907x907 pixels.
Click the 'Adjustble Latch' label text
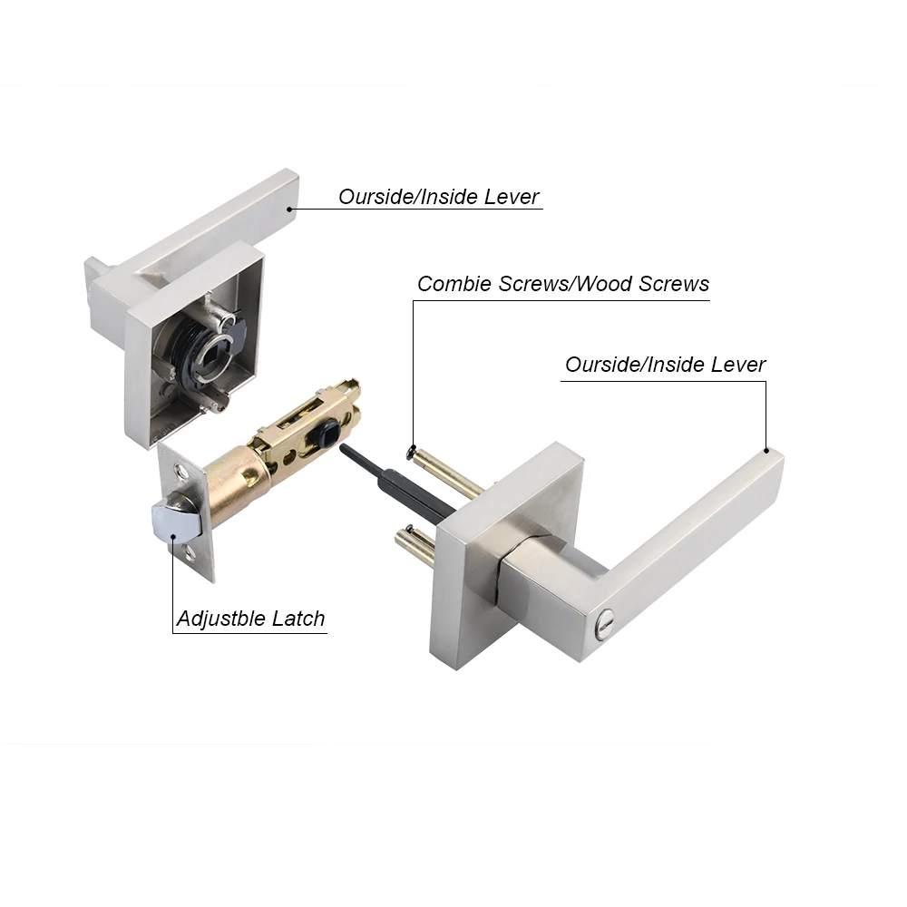(x=250, y=619)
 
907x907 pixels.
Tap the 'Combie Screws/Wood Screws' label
(x=562, y=284)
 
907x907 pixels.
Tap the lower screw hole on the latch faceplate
(x=193, y=551)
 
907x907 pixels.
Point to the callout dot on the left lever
(x=289, y=210)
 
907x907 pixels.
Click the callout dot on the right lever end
(x=766, y=451)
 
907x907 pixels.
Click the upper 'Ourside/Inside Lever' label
(x=439, y=197)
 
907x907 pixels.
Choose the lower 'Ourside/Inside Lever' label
(x=665, y=365)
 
